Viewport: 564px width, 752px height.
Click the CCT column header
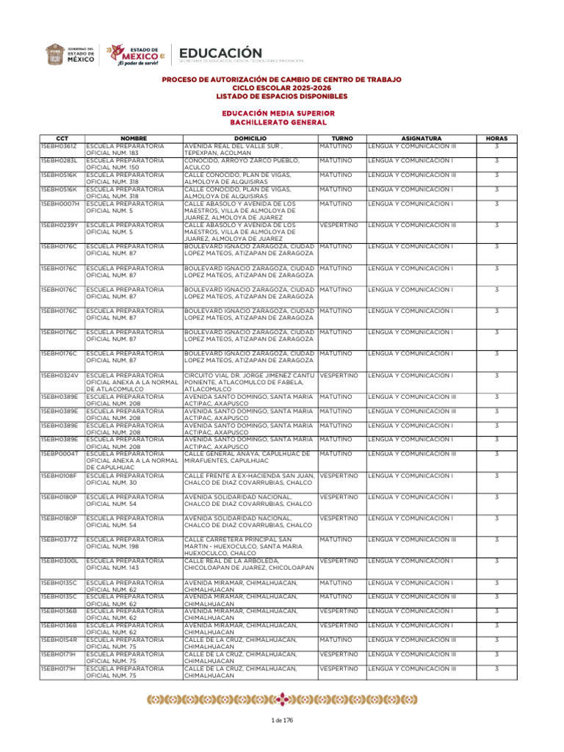tap(62, 138)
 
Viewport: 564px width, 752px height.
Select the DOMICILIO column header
tap(250, 138)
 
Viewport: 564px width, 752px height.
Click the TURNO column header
tap(342, 138)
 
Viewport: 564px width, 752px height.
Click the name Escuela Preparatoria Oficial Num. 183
tap(125, 150)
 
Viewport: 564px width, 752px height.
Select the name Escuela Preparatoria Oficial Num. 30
tap(125, 479)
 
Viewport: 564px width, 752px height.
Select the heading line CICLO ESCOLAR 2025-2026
tap(281, 87)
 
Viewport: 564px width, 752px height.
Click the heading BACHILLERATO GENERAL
tap(281, 122)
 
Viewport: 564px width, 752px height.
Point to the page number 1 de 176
tap(282, 720)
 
